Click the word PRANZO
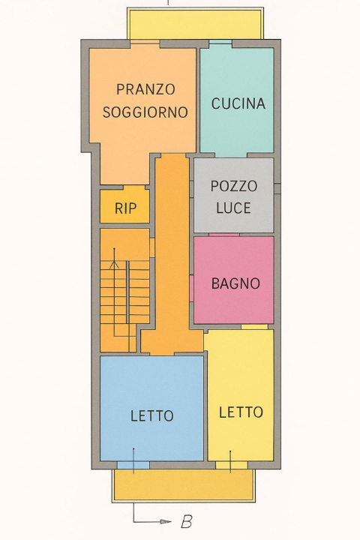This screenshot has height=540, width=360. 145,89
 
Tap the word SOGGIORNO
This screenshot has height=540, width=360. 145,112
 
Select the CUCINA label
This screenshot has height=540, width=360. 238,103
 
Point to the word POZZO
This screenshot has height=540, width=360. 234,186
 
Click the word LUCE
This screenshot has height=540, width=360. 234,208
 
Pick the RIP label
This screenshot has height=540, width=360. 125,208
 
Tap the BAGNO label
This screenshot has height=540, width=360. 235,283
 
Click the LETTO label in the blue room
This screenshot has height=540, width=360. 151,415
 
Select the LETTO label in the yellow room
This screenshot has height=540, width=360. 241,412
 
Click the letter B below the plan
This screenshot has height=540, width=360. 186,522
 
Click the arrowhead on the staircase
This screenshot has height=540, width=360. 114,264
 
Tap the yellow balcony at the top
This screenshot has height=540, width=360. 195,25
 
